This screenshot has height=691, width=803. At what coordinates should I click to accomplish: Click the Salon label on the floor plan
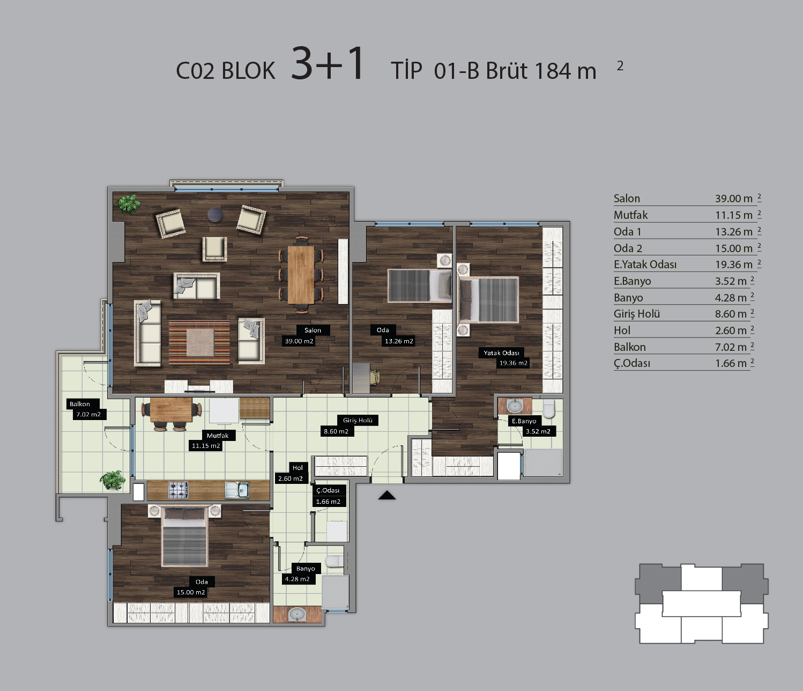(x=313, y=330)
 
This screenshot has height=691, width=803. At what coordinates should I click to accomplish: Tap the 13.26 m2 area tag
(x=399, y=341)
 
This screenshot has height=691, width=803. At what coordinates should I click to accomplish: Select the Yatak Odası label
(x=501, y=352)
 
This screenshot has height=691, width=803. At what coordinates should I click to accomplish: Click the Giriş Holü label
(x=358, y=420)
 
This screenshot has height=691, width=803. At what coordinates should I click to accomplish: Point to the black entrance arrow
(x=387, y=495)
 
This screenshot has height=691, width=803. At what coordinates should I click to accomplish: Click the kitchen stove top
(x=179, y=490)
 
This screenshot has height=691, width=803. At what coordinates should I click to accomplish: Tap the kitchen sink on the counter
(x=237, y=490)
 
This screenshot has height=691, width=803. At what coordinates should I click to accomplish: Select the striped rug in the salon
(x=199, y=343)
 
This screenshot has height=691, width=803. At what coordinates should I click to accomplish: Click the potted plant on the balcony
(x=113, y=480)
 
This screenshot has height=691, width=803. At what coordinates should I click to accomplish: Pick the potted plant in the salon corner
(x=128, y=204)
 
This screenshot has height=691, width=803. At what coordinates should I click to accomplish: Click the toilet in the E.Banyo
(x=548, y=408)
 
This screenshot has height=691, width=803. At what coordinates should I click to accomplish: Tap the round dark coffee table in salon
(x=215, y=215)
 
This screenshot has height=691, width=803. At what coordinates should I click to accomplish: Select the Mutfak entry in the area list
(x=630, y=215)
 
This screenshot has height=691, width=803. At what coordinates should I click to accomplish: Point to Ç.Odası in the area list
(x=631, y=363)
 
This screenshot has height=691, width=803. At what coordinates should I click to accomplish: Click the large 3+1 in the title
(x=328, y=64)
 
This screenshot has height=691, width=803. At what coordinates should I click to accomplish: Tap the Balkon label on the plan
(x=80, y=404)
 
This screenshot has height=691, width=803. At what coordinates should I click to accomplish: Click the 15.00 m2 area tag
(x=191, y=592)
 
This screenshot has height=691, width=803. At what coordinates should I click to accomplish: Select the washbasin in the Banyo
(x=297, y=614)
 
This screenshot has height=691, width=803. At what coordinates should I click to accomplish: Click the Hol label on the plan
(x=298, y=468)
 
